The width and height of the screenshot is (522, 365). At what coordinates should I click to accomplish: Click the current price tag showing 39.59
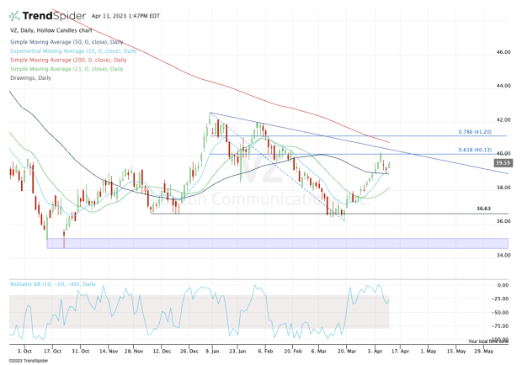click(503, 162)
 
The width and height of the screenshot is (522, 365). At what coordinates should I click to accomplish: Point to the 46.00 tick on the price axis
click(503, 52)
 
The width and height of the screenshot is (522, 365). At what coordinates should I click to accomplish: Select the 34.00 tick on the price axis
click(503, 255)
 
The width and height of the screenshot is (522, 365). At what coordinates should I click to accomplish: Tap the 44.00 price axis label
click(503, 86)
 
